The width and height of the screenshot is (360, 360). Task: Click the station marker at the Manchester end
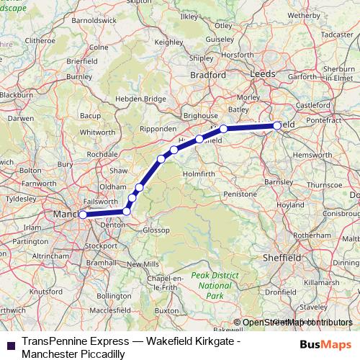pyautogui.click(x=83, y=215)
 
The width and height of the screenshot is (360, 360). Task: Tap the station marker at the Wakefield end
pyautogui.click(x=278, y=126)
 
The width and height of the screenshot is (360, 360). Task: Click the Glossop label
pyautogui.click(x=156, y=230)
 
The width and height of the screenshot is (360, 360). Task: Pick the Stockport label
pyautogui.click(x=101, y=245)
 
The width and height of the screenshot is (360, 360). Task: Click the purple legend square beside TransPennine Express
pyautogui.click(x=10, y=345)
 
